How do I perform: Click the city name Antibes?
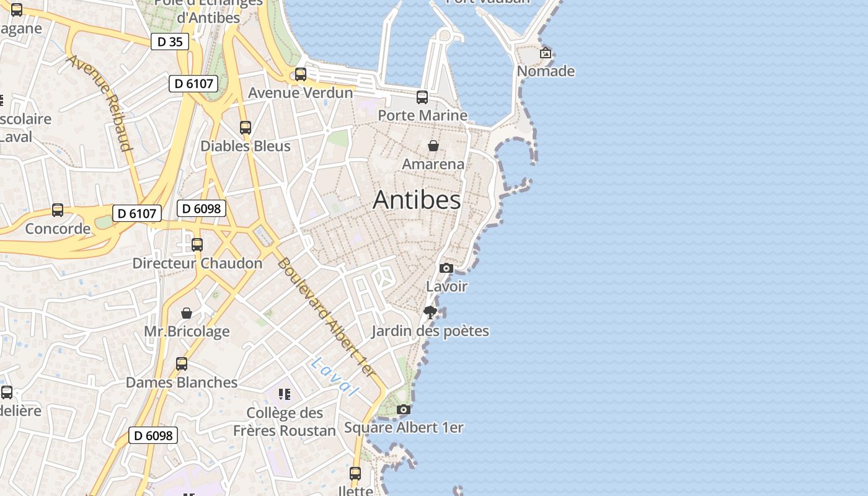417,200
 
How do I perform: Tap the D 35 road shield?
170,42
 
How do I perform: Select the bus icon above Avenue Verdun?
301,74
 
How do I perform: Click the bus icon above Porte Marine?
422,97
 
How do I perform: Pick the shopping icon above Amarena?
433,146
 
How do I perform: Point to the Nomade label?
546,71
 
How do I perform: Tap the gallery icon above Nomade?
546,53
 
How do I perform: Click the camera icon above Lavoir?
446,268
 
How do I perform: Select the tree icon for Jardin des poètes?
430,312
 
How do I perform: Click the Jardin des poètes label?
430,331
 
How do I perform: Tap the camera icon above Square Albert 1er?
404,410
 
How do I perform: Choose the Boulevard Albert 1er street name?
326,317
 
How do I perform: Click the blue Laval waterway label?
335,376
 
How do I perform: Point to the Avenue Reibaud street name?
100,103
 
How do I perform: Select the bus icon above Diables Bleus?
246,128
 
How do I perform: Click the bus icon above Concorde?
58,210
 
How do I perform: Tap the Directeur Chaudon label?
197,263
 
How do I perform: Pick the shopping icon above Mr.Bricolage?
187,313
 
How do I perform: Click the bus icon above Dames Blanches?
182,364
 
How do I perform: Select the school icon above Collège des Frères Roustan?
285,394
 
